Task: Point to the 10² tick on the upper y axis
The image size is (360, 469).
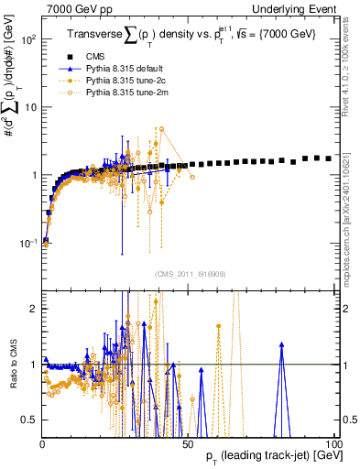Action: coord(29,40)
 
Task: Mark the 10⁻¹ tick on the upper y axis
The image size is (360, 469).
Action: coord(29,243)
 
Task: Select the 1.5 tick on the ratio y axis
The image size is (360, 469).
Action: coord(31,336)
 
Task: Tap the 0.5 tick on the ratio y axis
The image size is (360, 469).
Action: coord(31,420)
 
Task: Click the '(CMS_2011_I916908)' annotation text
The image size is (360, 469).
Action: coord(188,274)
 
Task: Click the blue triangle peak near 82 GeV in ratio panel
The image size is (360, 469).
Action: coord(282,344)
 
